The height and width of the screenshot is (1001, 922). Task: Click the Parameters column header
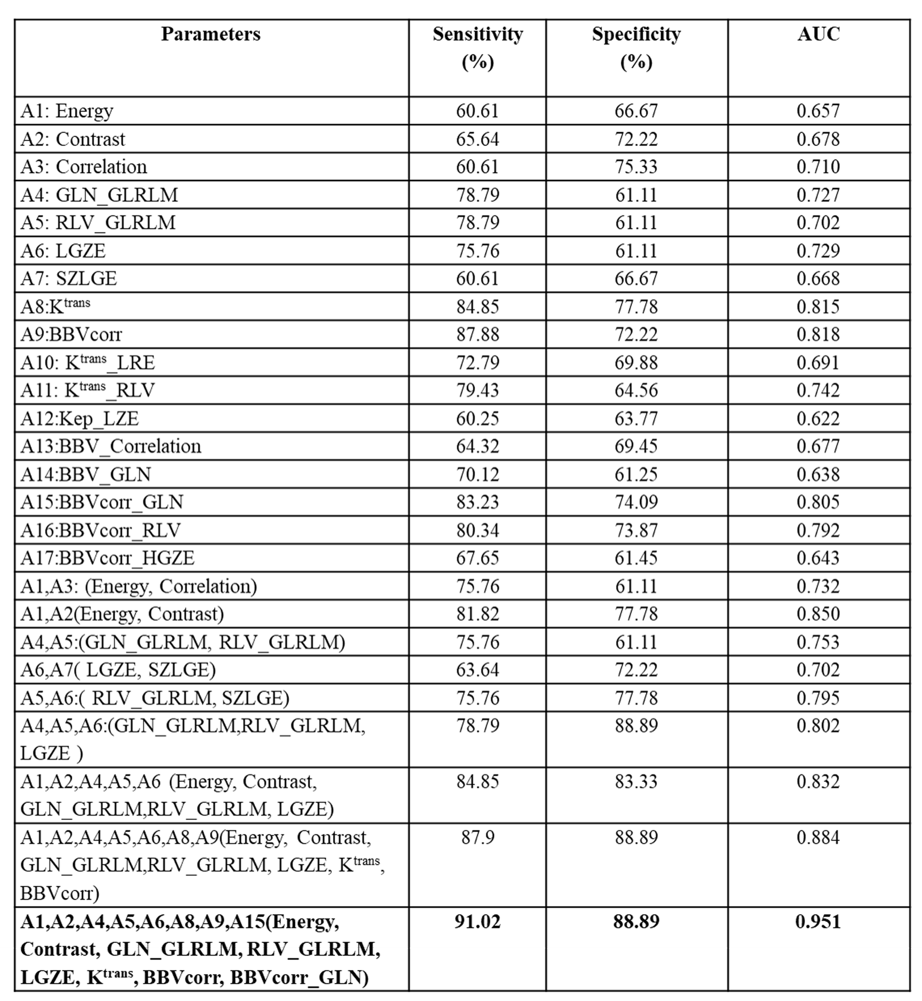211,34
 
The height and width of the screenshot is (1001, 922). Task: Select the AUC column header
818,34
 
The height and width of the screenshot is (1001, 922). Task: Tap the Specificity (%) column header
636,47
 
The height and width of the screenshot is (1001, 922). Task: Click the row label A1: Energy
67,111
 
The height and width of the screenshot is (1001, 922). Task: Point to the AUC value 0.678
818,139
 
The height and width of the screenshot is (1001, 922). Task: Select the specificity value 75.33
636,167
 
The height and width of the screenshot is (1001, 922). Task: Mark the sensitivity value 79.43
478,390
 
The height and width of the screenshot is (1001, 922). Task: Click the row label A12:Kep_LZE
79,418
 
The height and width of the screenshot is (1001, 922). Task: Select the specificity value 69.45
636,446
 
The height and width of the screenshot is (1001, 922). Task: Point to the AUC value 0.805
818,502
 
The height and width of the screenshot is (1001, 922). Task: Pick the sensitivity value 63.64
478,670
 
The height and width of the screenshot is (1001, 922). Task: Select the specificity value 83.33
636,782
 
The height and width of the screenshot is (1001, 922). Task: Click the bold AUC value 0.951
818,922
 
